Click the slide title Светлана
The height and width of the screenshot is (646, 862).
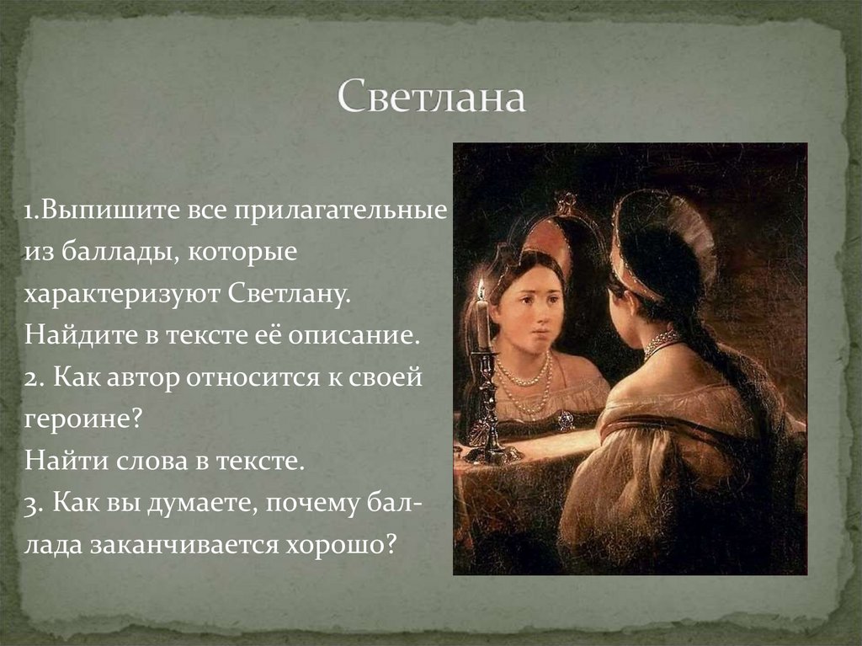pyautogui.click(x=432, y=99)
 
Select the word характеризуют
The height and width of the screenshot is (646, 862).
pyautogui.click(x=122, y=295)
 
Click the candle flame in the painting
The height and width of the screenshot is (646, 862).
pyautogui.click(x=481, y=290)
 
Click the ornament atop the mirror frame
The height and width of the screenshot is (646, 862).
pyautogui.click(x=566, y=202)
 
